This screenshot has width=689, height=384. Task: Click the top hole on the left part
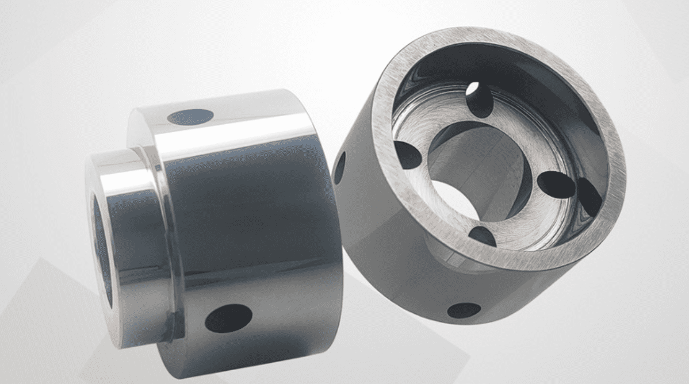(190, 117)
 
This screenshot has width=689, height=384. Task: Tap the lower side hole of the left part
(228, 318)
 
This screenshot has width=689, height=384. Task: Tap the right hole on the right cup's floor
(558, 185)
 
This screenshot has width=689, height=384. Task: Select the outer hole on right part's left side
(340, 167)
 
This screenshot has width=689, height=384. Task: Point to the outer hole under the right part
(464, 310)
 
